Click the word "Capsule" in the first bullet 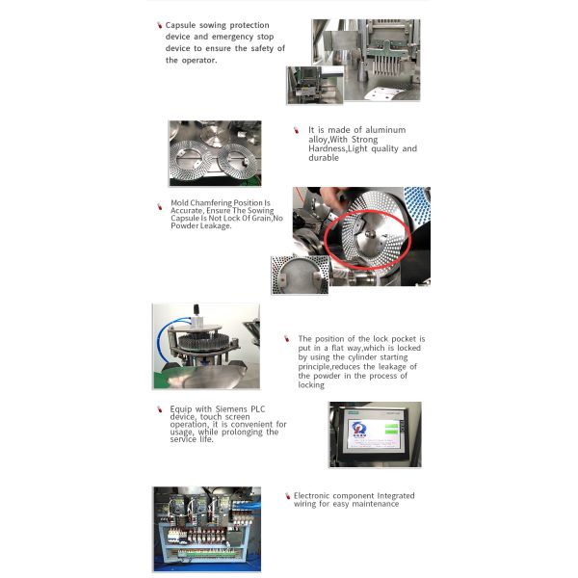pyautogui.click(x=180, y=25)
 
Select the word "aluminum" pyautogui.click(x=385, y=130)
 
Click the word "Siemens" pyautogui.click(x=231, y=409)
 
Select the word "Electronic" pyautogui.click(x=311, y=496)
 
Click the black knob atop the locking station pyautogui.click(x=197, y=309)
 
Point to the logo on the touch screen pyautogui.click(x=358, y=429)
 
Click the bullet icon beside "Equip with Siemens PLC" pyautogui.click(x=160, y=409)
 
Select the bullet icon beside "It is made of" pyautogui.click(x=296, y=130)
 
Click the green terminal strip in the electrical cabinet pyautogui.click(x=207, y=553)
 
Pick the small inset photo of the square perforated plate pyautogui.click(x=300, y=275)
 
